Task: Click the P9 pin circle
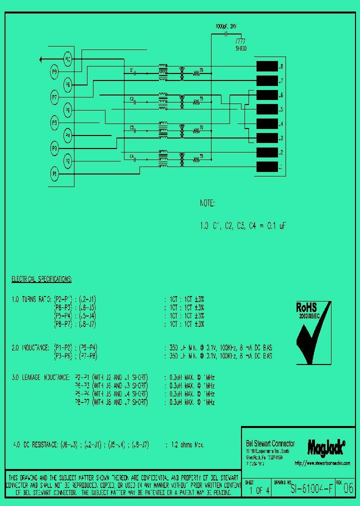point(54,72)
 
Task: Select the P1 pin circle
point(54,173)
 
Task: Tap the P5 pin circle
point(54,122)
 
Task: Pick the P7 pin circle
point(54,96)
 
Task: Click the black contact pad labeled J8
point(266,66)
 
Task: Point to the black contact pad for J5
point(266,109)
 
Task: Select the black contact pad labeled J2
point(266,152)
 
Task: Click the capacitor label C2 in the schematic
point(132,99)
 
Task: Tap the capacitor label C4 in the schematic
point(132,156)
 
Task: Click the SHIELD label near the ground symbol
point(241,48)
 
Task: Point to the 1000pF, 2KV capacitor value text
point(227,25)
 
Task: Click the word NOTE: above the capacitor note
point(207,203)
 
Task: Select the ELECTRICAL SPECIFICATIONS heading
point(41,278)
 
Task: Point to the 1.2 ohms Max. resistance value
point(188,444)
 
